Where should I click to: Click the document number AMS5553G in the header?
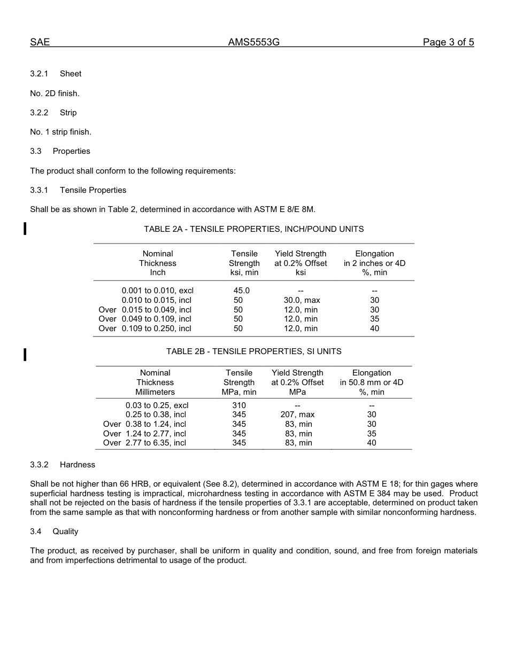point(253,43)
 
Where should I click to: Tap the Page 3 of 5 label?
point(448,43)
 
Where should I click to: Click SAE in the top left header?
point(40,43)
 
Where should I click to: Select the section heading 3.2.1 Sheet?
point(56,74)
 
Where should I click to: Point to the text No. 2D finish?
point(55,93)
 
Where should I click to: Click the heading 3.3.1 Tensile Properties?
point(78,190)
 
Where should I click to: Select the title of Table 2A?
point(253,229)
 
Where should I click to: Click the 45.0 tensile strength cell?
point(241,291)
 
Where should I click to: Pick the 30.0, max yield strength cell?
point(302,300)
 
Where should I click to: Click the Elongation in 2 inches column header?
point(374,263)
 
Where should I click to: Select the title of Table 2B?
point(253,351)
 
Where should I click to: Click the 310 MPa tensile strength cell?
point(239,405)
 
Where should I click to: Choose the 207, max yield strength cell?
point(297,414)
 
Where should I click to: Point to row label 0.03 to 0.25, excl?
point(157,405)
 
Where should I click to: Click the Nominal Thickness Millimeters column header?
point(155,382)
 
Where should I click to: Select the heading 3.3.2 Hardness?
point(63,465)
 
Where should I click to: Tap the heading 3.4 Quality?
point(54,531)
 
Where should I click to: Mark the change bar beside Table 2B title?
point(25,354)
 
